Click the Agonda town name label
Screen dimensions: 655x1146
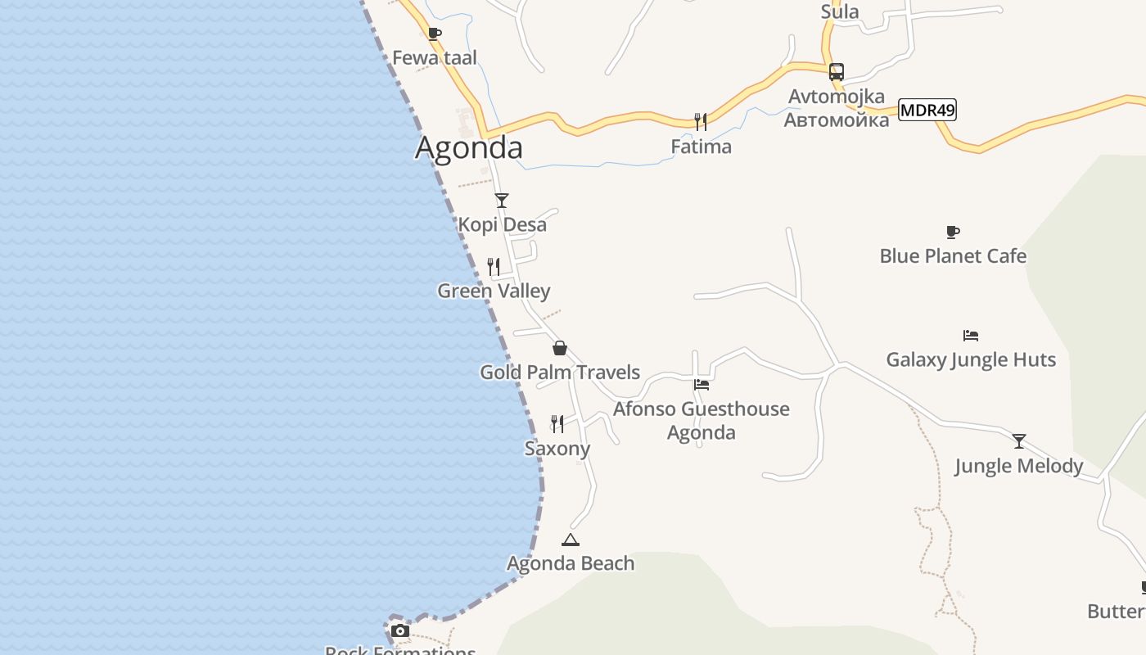(x=468, y=147)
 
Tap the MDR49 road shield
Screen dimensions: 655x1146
(x=927, y=110)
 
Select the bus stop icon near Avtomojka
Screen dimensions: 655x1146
(x=836, y=72)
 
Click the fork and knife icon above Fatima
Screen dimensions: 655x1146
(x=701, y=122)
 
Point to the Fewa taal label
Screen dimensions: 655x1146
(x=435, y=58)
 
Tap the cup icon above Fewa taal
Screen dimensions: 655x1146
(x=435, y=34)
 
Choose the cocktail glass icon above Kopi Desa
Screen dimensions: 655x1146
(x=502, y=201)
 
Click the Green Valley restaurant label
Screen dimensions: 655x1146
(x=494, y=291)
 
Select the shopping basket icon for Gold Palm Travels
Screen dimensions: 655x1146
(x=560, y=348)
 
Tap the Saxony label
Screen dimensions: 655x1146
(x=557, y=449)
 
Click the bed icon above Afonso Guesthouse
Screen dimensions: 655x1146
(x=702, y=385)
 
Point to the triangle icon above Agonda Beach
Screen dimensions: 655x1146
(x=571, y=540)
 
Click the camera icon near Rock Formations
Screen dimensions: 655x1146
(x=399, y=630)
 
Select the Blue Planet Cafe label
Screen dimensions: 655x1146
(x=953, y=256)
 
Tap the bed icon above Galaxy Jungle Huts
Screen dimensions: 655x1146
(x=971, y=336)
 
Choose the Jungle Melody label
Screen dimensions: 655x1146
(x=1019, y=466)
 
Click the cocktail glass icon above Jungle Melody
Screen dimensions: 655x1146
(x=1019, y=441)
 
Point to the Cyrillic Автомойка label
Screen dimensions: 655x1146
(x=836, y=120)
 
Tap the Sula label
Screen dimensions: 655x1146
(x=840, y=11)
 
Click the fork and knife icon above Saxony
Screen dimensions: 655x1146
(x=557, y=423)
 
